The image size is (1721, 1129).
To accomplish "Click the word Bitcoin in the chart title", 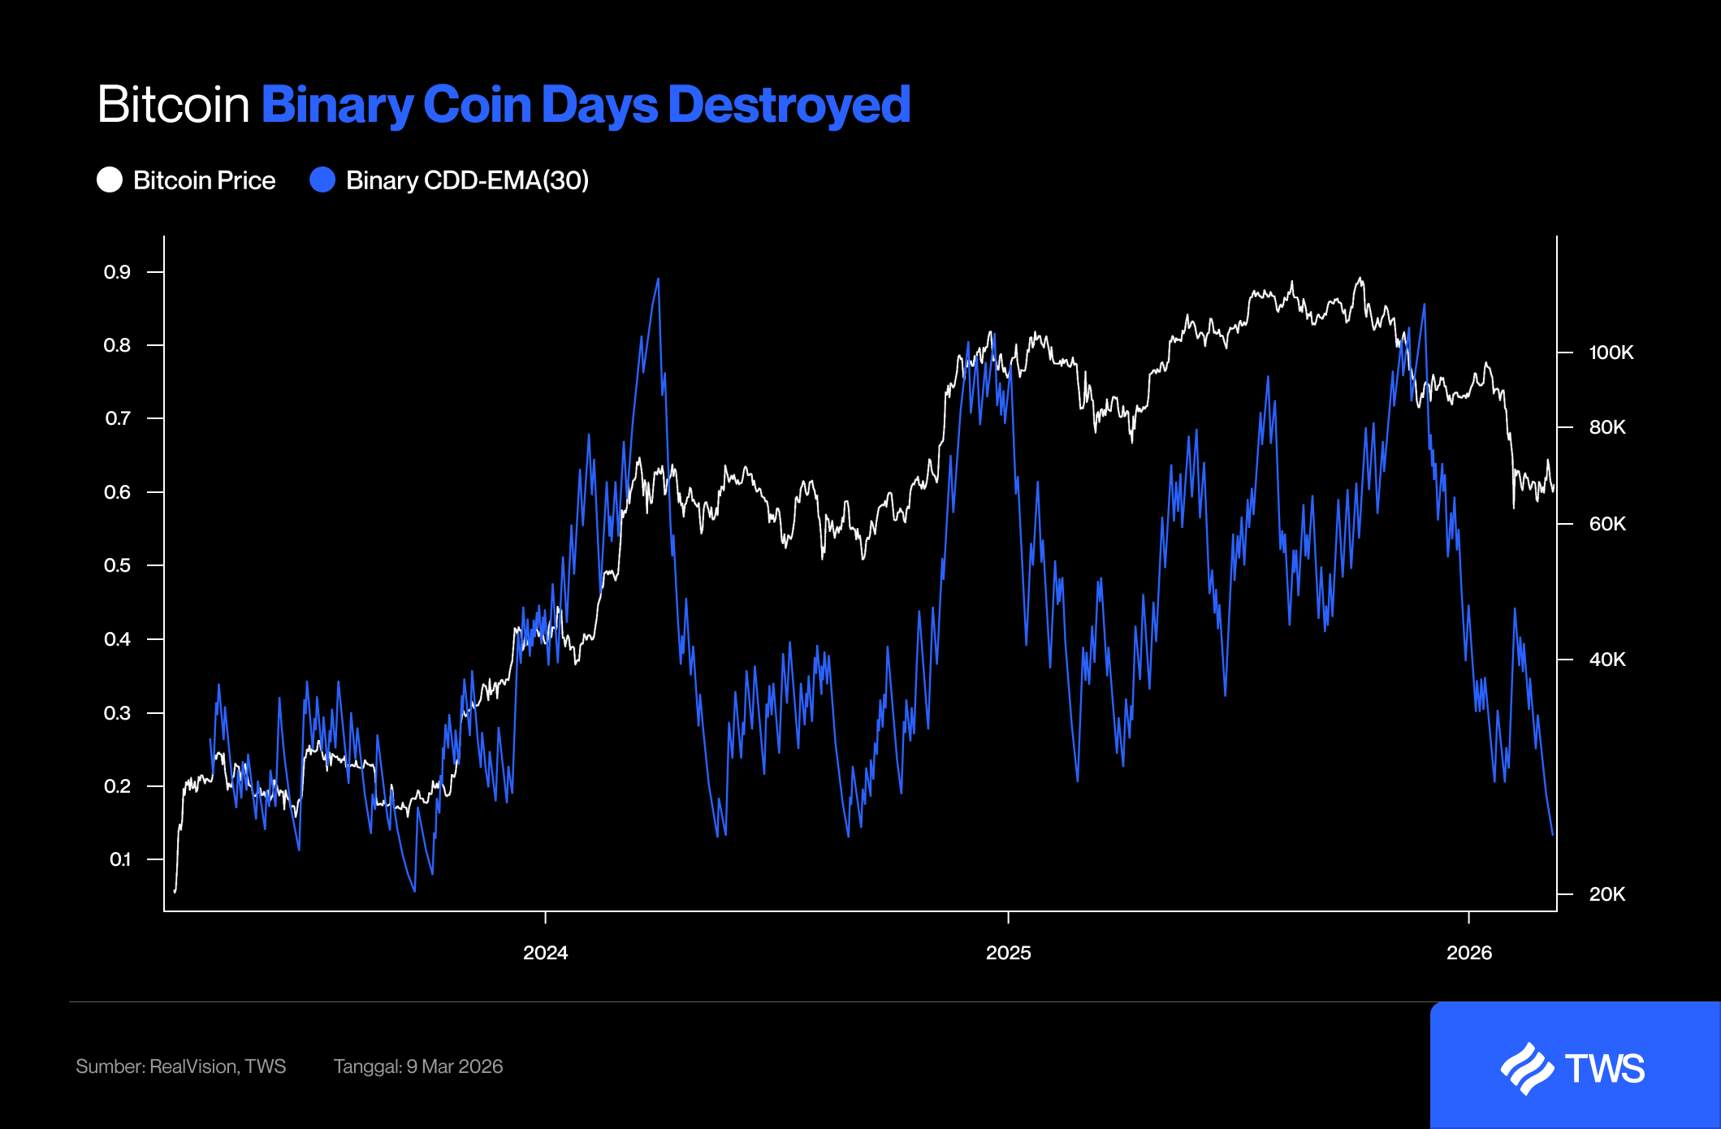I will click(x=173, y=105).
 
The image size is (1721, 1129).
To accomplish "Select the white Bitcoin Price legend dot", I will click(x=110, y=180).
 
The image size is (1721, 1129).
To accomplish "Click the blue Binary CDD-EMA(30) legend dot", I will click(x=322, y=180).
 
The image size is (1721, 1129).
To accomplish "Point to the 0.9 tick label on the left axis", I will click(x=117, y=272).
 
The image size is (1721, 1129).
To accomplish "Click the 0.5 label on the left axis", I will click(x=117, y=565).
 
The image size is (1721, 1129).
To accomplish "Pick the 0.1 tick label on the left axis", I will click(x=119, y=859).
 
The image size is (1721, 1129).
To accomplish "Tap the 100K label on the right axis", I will click(x=1611, y=353).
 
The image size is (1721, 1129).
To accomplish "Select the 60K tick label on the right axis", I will click(x=1606, y=524).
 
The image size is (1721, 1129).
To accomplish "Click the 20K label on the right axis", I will click(x=1606, y=894).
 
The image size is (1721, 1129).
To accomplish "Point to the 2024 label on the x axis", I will click(x=545, y=953).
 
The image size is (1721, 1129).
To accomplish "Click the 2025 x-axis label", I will click(x=1008, y=953).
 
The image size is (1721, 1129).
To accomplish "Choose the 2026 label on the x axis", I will click(x=1468, y=953).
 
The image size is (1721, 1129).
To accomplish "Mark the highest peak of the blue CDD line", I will click(x=658, y=279).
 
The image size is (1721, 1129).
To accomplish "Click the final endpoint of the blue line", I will click(x=1552, y=834).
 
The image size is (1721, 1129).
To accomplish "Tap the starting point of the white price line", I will click(x=175, y=891).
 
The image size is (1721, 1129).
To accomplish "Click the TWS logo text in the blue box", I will click(x=1604, y=1069).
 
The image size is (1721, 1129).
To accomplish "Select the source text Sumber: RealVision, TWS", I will click(x=180, y=1066).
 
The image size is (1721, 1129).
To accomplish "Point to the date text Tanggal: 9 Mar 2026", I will click(x=417, y=1066).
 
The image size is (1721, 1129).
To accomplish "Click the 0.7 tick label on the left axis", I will click(x=117, y=419).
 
